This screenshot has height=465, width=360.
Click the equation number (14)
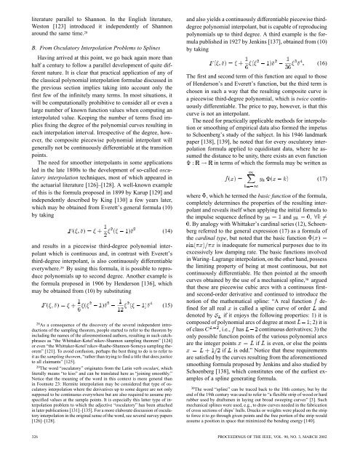coord(170,192)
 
